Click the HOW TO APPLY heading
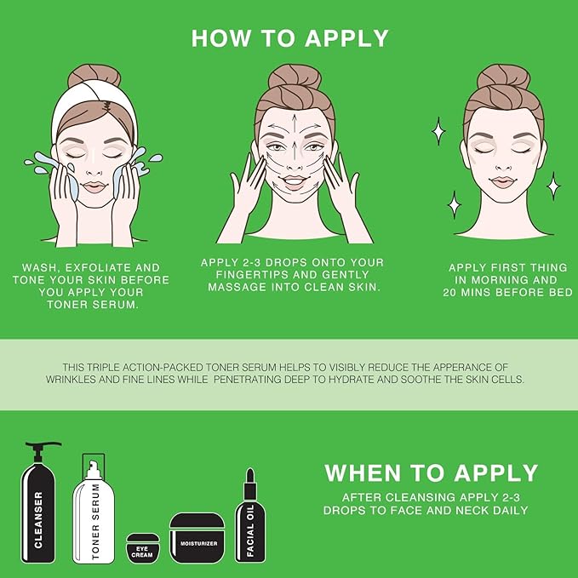[x=289, y=38]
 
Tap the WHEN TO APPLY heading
[x=431, y=473]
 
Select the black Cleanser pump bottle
[x=38, y=511]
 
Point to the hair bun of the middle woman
[x=294, y=77]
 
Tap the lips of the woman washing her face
[x=94, y=186]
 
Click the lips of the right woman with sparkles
[x=503, y=181]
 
